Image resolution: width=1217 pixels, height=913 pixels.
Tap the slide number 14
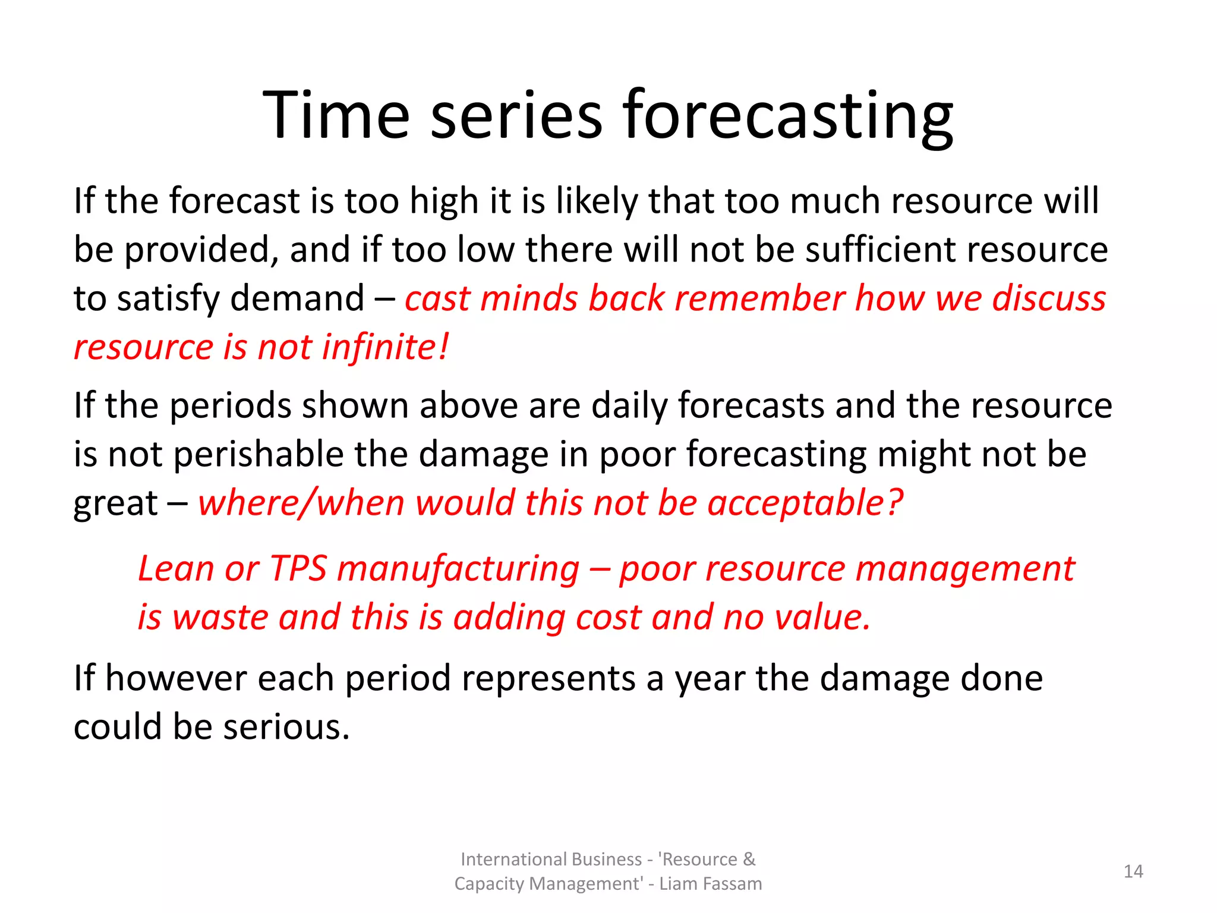click(1133, 871)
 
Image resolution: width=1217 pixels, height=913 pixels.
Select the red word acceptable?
click(805, 503)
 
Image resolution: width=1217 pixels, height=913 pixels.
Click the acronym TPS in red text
click(298, 569)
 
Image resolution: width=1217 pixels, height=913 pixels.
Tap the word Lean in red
click(175, 569)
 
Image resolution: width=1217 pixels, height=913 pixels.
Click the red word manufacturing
click(458, 569)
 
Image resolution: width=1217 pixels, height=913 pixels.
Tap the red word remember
click(760, 298)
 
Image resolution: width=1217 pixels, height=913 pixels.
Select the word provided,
click(201, 250)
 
